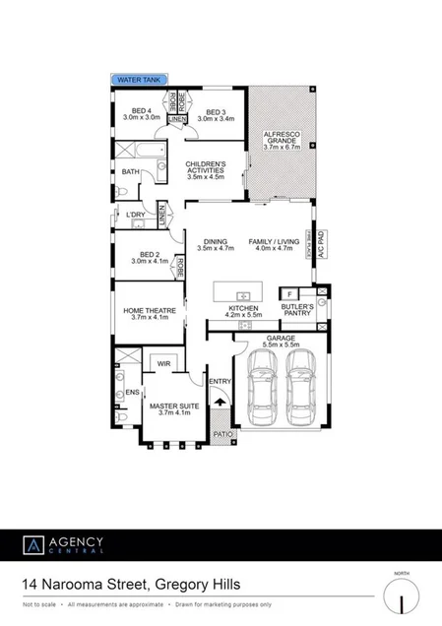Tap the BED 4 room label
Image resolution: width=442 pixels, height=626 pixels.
(x=142, y=114)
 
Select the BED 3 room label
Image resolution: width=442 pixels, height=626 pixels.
(x=216, y=114)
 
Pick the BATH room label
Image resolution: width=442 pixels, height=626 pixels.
(x=130, y=171)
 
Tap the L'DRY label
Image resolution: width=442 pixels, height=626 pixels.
(x=135, y=215)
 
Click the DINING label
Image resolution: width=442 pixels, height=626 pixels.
(x=215, y=245)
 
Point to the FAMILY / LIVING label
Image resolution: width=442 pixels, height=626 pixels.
(x=274, y=245)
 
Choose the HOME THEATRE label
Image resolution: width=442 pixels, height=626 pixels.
(x=148, y=314)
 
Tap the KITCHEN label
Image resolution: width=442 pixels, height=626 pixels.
(x=243, y=312)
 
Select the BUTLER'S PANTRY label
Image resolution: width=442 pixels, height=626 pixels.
(x=297, y=310)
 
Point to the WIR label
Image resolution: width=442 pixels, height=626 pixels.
(x=162, y=364)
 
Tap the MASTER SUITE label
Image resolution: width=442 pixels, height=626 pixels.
(x=166, y=408)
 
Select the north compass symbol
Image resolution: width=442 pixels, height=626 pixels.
(x=401, y=596)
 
